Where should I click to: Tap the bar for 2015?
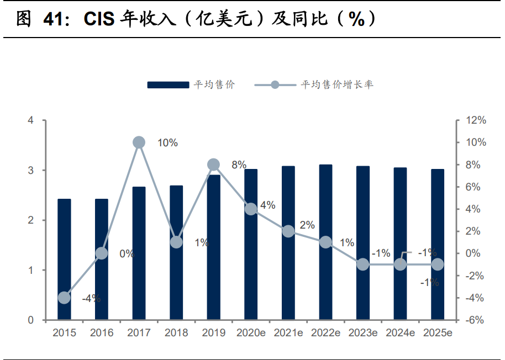tap(64, 259)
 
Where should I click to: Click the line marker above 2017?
tap(139, 142)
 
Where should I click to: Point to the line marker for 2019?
tap(214, 165)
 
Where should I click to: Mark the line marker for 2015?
tap(64, 298)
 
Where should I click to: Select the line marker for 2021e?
tap(288, 231)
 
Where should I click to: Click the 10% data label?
tap(167, 143)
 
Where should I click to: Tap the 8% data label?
tap(239, 165)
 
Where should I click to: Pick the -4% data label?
tap(91, 299)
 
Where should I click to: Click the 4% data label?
tap(267, 205)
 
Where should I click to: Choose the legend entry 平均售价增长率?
tap(337, 84)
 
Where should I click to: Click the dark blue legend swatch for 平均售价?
tap(168, 84)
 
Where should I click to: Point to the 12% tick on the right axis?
tap(475, 120)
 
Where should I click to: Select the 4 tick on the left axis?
tap(31, 120)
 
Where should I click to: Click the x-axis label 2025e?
tap(438, 333)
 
